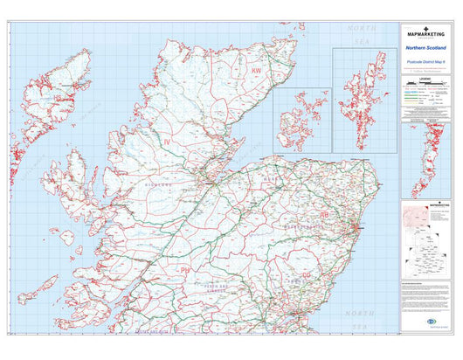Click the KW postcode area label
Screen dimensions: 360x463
tap(256, 70)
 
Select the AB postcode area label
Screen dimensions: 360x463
tap(324, 213)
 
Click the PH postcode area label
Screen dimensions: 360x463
tap(184, 271)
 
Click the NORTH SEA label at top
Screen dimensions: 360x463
tap(360, 33)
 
